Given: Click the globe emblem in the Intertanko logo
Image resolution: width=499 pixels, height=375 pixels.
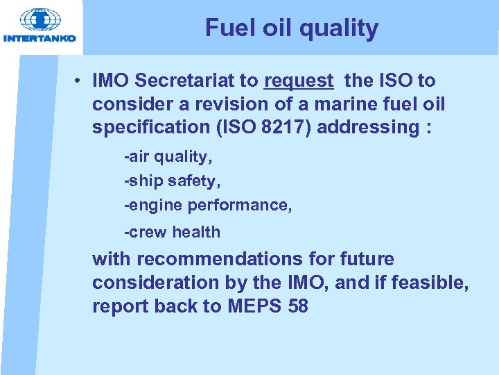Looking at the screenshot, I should click(x=40, y=19).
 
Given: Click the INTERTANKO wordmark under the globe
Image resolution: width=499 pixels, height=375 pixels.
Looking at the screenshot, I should click(x=40, y=38).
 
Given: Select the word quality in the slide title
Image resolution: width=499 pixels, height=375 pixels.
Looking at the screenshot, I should click(x=340, y=28).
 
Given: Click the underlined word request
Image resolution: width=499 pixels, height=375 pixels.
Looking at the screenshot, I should click(x=298, y=81).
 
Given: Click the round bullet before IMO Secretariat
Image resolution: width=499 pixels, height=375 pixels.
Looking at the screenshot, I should click(x=80, y=81).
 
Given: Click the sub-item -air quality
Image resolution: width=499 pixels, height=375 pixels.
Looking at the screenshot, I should click(x=168, y=157).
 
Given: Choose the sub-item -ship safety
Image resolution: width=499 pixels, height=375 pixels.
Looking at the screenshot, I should click(x=171, y=181).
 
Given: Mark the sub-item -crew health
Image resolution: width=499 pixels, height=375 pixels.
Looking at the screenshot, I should click(x=172, y=233).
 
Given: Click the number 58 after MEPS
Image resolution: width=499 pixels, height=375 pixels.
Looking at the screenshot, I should click(x=297, y=306).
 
